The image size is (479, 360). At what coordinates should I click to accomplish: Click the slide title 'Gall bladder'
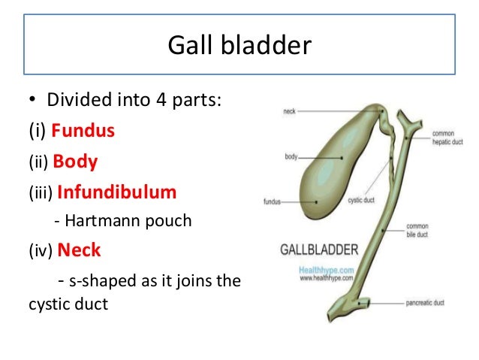pos(239,46)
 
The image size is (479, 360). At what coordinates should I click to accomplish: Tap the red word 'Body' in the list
pos(75,161)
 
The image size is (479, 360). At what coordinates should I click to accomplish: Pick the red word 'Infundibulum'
pos(116,192)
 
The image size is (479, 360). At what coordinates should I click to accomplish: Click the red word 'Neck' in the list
pos(79,250)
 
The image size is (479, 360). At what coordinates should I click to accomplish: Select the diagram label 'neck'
pos(288,110)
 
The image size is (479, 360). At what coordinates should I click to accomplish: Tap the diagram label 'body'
pos(291,157)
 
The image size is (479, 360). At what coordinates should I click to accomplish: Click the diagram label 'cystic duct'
pos(363,201)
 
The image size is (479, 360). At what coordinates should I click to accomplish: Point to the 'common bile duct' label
pos(438,229)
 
